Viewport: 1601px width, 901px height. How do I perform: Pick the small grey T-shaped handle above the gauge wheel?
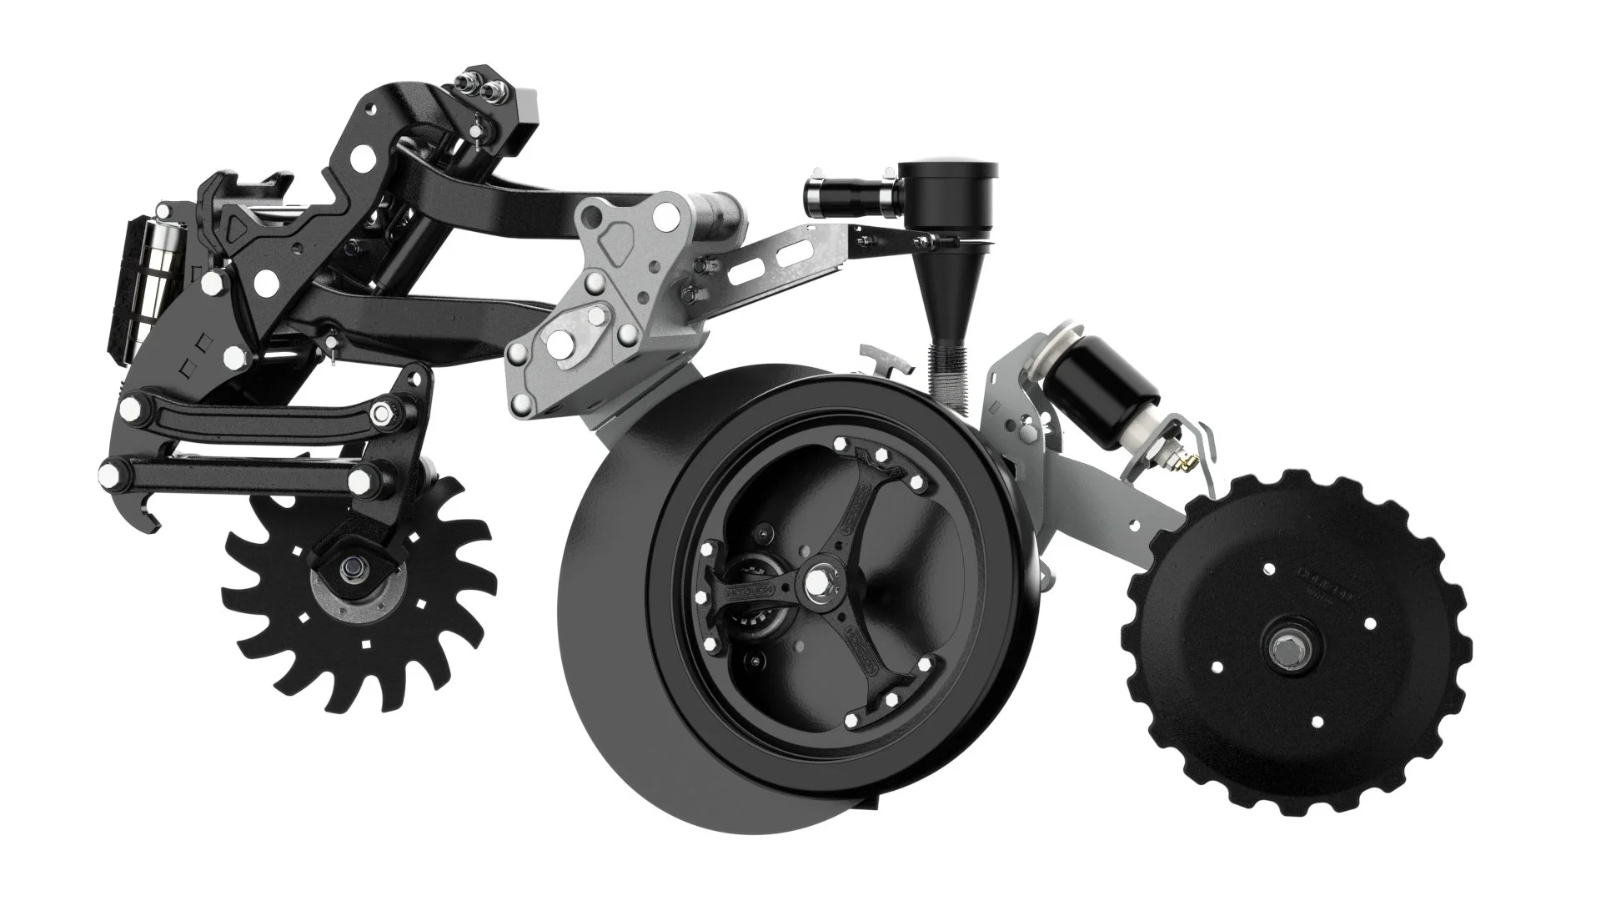tap(884, 359)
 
